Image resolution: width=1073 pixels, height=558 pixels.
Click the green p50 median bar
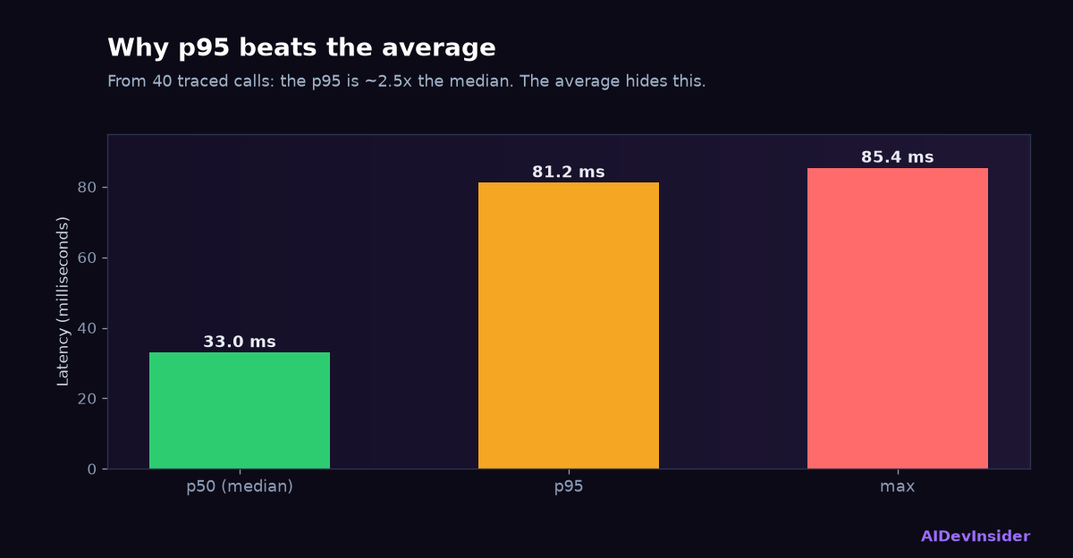[240, 410]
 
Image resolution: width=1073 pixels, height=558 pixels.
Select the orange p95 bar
[569, 325]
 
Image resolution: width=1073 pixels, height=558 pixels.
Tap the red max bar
[898, 318]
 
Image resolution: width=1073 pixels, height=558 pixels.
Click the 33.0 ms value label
[240, 342]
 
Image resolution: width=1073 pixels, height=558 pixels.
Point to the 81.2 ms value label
[569, 172]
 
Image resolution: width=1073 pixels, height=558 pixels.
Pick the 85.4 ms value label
[898, 157]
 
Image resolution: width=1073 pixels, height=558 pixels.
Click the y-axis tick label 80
[88, 187]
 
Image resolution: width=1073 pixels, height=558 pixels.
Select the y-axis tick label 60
[88, 258]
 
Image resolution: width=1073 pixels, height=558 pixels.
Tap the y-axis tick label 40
[88, 328]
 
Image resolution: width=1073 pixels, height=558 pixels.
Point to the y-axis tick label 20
[88, 399]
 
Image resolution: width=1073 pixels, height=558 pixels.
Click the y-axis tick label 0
[92, 469]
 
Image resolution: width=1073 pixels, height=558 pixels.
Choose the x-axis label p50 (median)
[240, 486]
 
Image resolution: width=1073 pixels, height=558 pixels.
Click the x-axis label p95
[569, 487]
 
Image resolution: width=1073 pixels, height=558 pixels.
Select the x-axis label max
[898, 487]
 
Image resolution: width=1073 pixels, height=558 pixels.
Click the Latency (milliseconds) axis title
[63, 301]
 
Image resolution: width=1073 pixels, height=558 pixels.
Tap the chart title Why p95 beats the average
[302, 48]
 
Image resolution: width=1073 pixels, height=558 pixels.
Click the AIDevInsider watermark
[976, 536]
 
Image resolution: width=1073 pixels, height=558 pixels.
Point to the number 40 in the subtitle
[162, 81]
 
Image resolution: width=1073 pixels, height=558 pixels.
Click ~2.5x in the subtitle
[388, 81]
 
